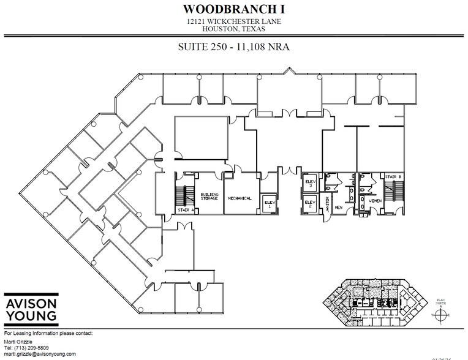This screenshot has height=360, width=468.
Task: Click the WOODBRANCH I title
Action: point(234,9)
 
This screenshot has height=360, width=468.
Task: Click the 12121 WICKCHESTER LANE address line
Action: point(234,21)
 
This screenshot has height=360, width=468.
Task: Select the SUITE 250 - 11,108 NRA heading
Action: point(234,47)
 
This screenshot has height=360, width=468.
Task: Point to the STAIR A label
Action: point(186,210)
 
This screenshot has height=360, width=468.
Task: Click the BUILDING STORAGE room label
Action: point(210,197)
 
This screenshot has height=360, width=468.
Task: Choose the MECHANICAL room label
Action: point(240,198)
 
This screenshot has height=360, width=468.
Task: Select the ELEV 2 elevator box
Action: point(309,204)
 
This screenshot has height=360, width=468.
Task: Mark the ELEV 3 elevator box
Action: point(309,184)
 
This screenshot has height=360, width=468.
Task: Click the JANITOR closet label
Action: point(328,204)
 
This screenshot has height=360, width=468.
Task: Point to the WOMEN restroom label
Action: point(374,200)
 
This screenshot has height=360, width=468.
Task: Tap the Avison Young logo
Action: point(31,310)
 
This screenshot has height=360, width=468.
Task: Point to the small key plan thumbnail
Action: point(376,302)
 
